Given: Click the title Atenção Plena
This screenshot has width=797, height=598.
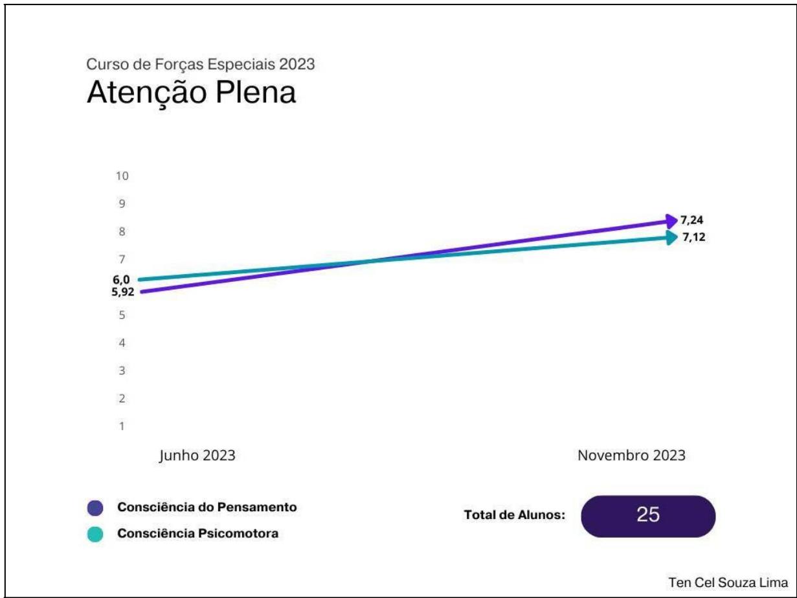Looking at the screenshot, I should (x=191, y=93).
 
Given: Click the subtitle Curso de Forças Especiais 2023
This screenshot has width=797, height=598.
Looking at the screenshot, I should (x=201, y=65).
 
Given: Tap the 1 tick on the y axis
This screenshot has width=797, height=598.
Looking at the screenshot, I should (x=121, y=426).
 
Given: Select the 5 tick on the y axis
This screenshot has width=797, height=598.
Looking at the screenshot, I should (x=121, y=316).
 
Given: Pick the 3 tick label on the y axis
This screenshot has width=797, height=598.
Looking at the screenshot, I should (x=121, y=371).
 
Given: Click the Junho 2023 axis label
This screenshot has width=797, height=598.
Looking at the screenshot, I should (x=197, y=455).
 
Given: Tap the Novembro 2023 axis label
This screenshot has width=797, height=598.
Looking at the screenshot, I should (x=631, y=455).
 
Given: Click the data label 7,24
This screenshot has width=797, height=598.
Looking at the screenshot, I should (x=692, y=220).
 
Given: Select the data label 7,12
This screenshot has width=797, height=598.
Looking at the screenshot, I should (x=693, y=237).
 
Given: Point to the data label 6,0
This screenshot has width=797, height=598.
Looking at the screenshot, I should (x=121, y=279).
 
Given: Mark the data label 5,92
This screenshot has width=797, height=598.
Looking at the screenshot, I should (x=123, y=291).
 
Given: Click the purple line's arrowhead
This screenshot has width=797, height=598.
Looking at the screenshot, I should (x=671, y=221).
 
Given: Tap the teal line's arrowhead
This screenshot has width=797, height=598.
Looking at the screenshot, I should (x=672, y=237).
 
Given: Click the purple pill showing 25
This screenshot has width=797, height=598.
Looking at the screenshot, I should (x=648, y=516).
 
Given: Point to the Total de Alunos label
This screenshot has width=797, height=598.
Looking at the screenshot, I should (x=515, y=516).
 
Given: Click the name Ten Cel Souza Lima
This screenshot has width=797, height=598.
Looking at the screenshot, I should (x=728, y=582).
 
